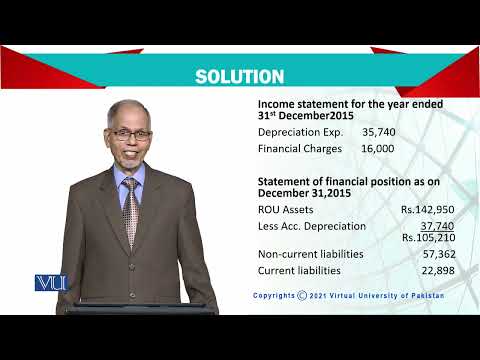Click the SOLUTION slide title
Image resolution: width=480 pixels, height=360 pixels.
pos(239,77)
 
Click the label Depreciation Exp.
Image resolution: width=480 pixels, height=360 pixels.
pos(300,131)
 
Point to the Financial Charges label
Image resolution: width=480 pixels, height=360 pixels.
pos(300,148)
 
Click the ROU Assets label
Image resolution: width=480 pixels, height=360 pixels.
pos(286,210)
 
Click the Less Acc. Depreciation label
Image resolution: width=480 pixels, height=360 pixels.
pos(312,226)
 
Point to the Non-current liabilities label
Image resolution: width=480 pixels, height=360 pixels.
pos(310,254)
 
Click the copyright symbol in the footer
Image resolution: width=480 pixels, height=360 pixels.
pos(302,297)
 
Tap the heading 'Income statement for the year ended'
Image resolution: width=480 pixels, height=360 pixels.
pos(351,103)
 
